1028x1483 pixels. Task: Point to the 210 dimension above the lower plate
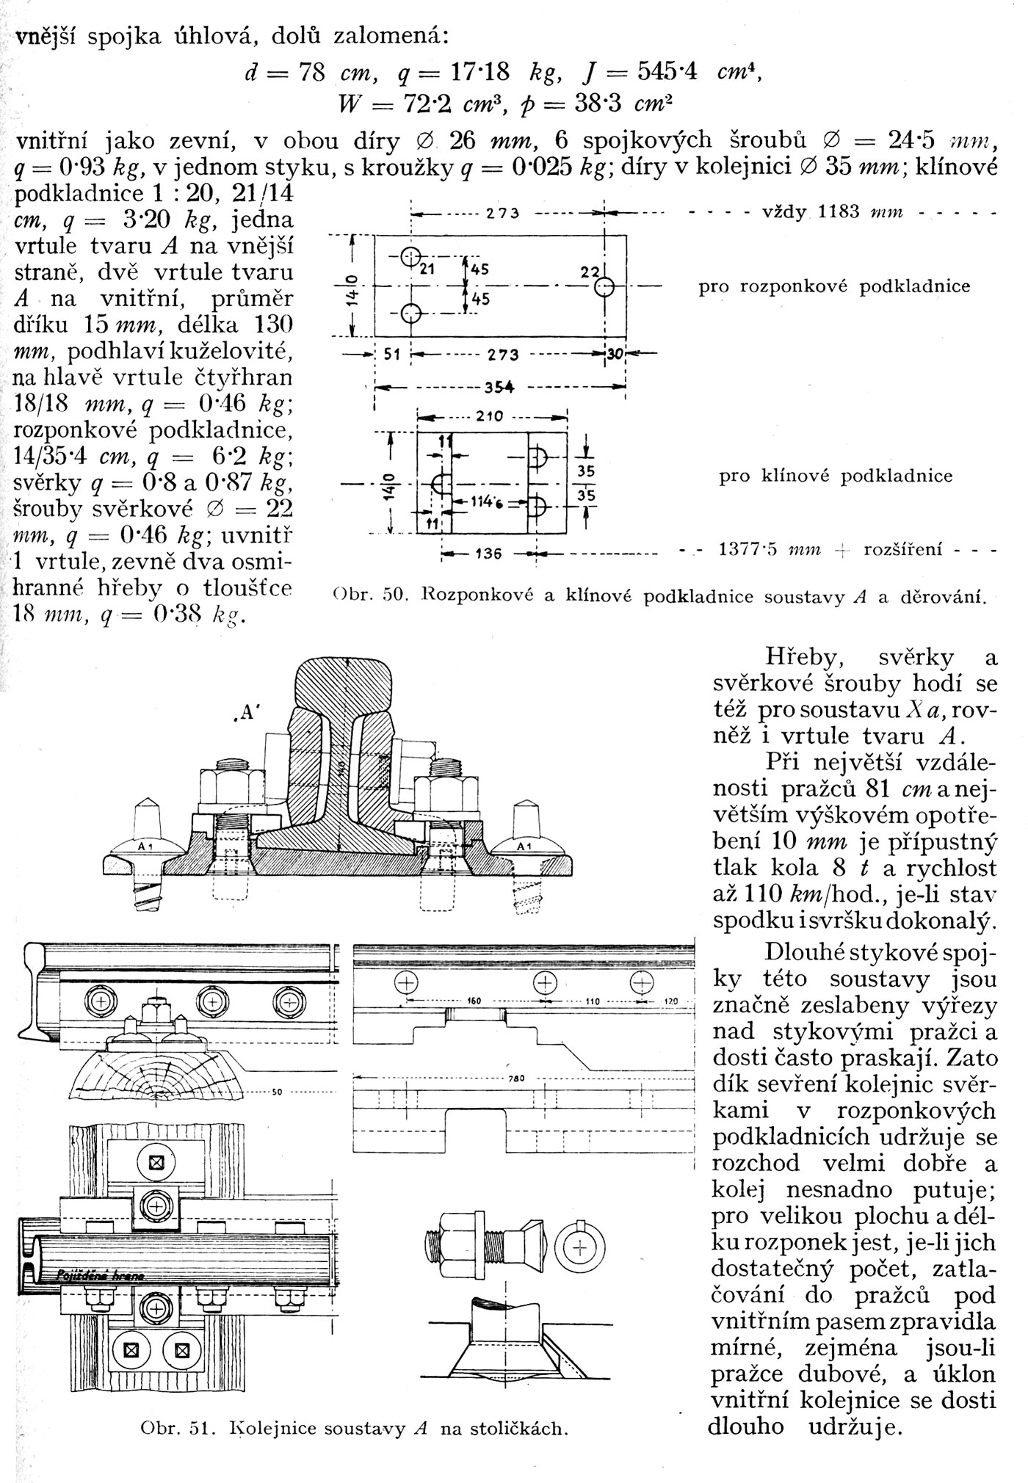point(488,417)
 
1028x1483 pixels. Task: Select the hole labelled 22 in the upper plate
point(604,286)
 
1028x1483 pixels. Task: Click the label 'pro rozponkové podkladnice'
point(834,286)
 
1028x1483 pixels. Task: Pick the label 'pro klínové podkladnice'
point(836,476)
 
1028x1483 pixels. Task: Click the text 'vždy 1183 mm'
point(853,214)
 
